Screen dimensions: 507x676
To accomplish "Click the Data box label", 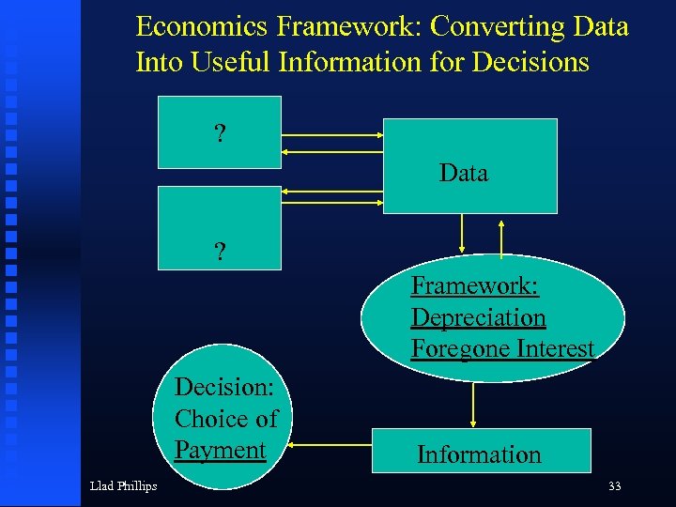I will (x=464, y=173).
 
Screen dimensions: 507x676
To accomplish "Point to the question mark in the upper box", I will (x=220, y=134).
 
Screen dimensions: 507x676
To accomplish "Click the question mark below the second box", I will (x=220, y=252).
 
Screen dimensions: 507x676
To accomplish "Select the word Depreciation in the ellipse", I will (x=478, y=317).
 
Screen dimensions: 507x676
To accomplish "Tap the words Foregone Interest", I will (x=502, y=348).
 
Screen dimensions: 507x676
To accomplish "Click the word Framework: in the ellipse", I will (x=474, y=285).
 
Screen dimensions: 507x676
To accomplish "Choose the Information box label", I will (x=479, y=454).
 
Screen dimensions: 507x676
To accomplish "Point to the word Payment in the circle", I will (x=220, y=450).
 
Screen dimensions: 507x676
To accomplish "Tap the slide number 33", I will (x=615, y=485).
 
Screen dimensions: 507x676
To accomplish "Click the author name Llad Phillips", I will (x=123, y=485).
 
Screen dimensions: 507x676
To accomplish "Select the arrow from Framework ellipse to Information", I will (x=474, y=404).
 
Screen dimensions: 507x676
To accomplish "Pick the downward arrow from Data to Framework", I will (x=461, y=234).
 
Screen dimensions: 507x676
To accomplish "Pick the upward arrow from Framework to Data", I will (x=502, y=238).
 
